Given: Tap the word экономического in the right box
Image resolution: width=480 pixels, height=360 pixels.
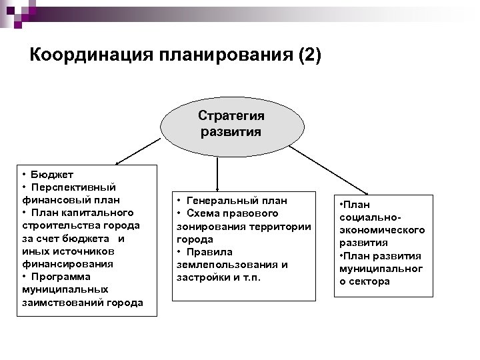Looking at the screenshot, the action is (382, 230).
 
